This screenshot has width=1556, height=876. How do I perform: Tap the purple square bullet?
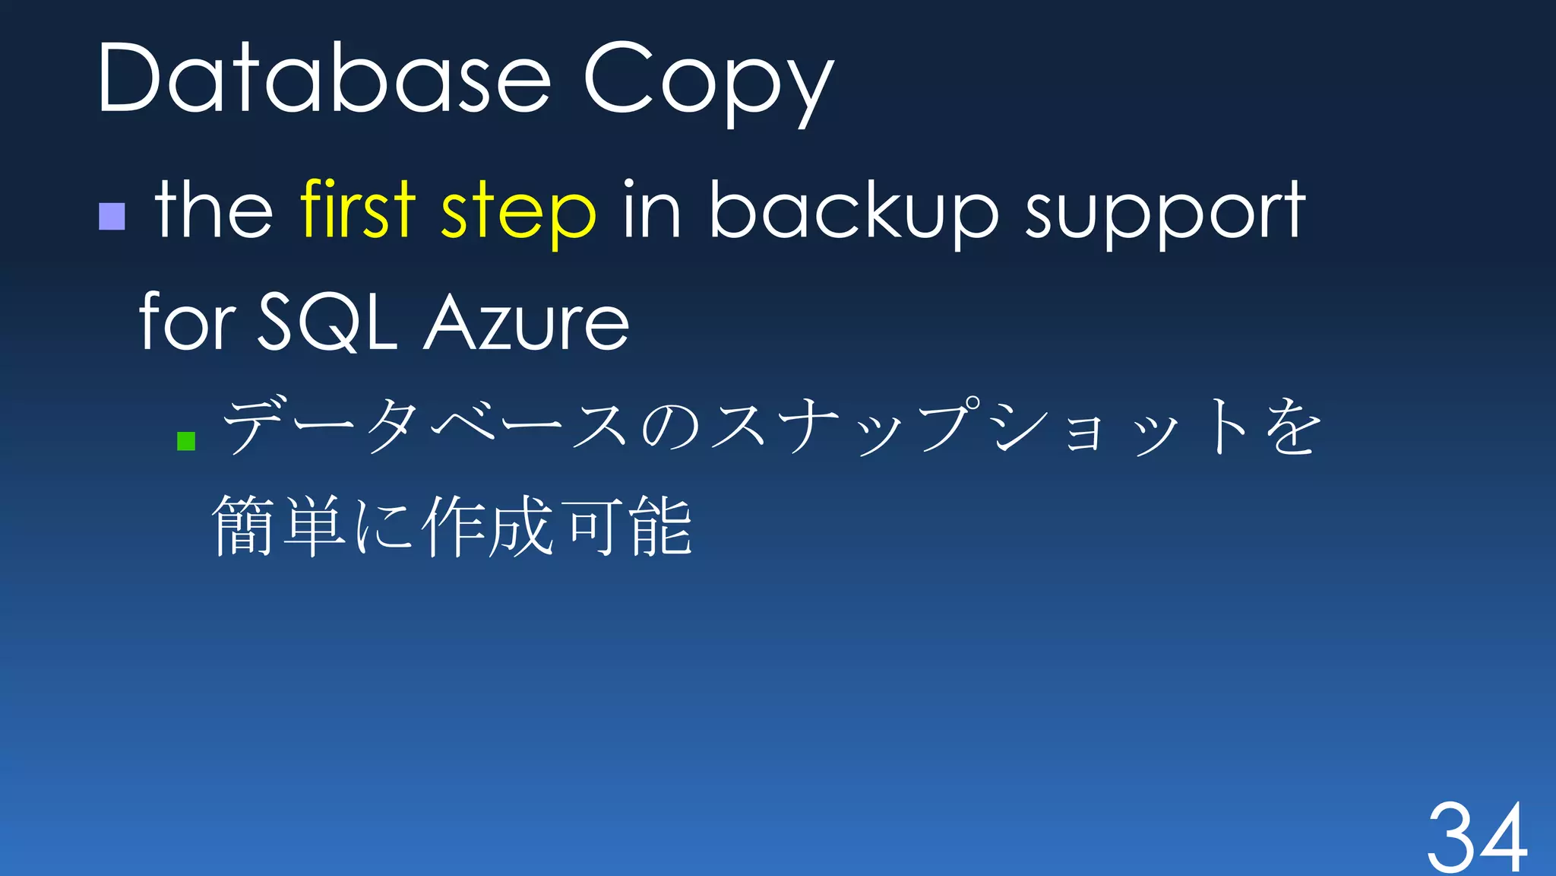[x=112, y=216]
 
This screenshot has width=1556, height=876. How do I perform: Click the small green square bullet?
[x=186, y=441]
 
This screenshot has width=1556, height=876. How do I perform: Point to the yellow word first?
[x=358, y=208]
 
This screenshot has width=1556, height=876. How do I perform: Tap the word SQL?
[x=327, y=322]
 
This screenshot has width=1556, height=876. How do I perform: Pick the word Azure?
[x=527, y=324]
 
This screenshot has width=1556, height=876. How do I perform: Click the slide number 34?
[x=1477, y=836]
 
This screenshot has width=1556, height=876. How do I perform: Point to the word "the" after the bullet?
[x=213, y=209]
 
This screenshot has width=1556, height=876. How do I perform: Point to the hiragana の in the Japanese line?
[x=670, y=428]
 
